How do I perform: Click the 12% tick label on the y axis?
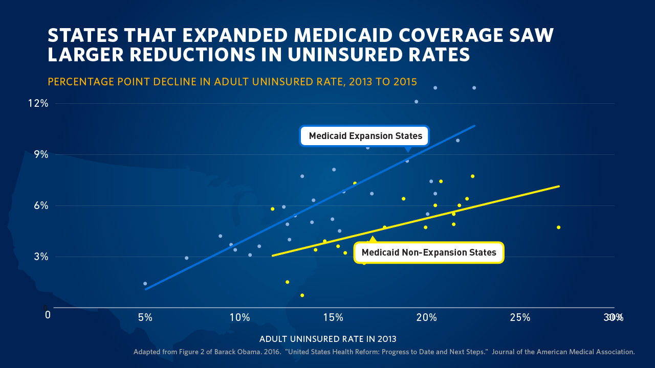pyautogui.click(x=38, y=103)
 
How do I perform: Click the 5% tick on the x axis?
pyautogui.click(x=145, y=317)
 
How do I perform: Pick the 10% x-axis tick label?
pyautogui.click(x=239, y=317)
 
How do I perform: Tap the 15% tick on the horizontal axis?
pyautogui.click(x=333, y=317)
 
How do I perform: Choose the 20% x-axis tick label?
pyautogui.click(x=426, y=317)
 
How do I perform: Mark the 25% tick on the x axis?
pyautogui.click(x=520, y=317)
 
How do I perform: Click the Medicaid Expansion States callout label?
pyautogui.click(x=365, y=136)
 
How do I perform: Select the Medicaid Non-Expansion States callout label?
pyautogui.click(x=429, y=252)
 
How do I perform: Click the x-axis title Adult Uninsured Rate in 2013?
pyautogui.click(x=328, y=339)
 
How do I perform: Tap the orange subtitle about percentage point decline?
pyautogui.click(x=232, y=82)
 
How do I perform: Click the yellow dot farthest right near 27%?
pyautogui.click(x=558, y=227)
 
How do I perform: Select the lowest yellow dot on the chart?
pyautogui.click(x=302, y=295)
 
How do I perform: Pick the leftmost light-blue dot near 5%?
pyautogui.click(x=145, y=284)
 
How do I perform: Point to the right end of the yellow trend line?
pyautogui.click(x=559, y=186)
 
